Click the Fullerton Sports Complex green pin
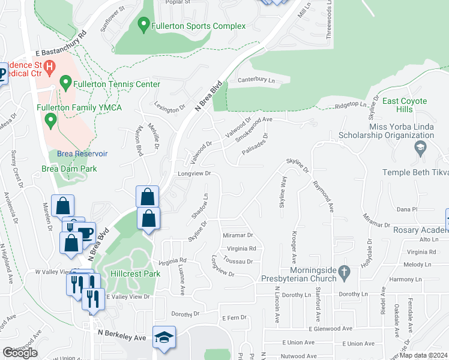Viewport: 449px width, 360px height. pos(143,25)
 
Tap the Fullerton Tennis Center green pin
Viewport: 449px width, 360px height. pos(66,81)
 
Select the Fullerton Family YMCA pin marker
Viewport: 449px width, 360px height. pos(50,121)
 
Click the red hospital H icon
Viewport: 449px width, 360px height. pos(50,65)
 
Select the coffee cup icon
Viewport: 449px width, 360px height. pos(86,232)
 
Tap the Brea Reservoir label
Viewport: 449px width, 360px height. pos(82,154)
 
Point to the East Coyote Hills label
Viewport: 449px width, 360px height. pos(405,106)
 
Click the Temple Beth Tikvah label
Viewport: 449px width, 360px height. pos(415,173)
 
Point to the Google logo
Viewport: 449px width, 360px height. pos(20,353)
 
